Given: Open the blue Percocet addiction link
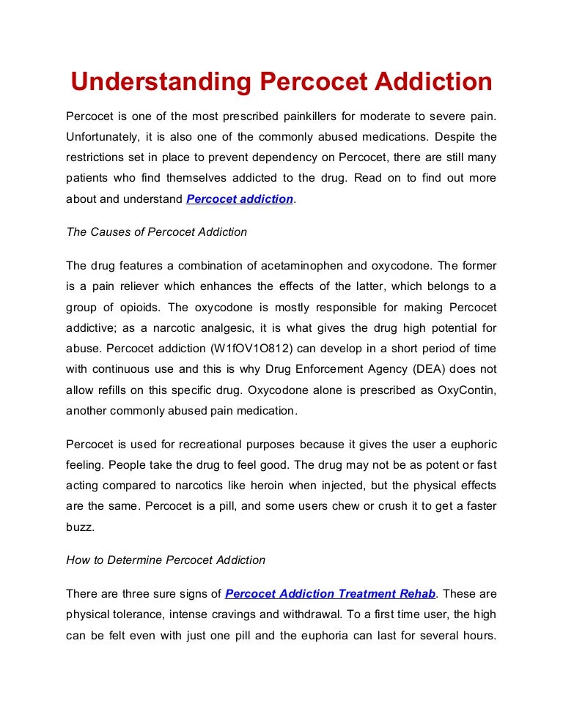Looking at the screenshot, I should (x=240, y=198).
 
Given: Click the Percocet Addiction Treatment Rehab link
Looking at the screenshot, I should (x=331, y=593).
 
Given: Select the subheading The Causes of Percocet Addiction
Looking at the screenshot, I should (x=157, y=232).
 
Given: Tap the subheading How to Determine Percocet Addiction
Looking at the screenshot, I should (x=166, y=560).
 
